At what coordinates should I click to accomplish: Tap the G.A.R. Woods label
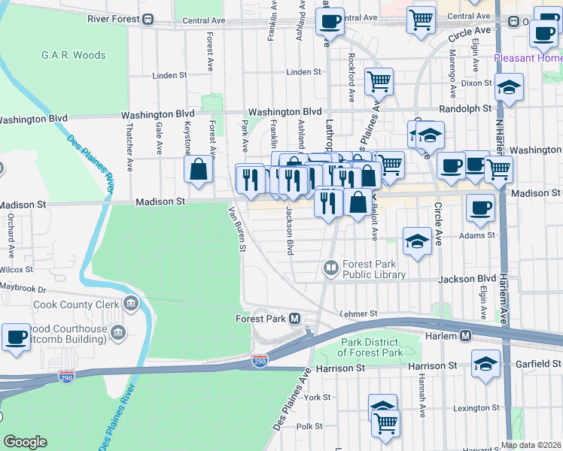[x=74, y=55]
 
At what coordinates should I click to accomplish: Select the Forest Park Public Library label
[x=374, y=269]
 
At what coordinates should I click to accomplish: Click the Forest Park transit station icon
[x=296, y=319]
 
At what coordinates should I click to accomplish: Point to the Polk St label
[x=309, y=426]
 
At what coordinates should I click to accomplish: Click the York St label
[x=318, y=397]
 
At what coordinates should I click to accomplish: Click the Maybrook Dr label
[x=23, y=288]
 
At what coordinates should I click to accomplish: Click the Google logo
[x=26, y=442]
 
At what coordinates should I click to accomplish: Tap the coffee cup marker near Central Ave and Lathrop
[x=329, y=22]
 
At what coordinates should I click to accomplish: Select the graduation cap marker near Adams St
[x=415, y=241]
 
